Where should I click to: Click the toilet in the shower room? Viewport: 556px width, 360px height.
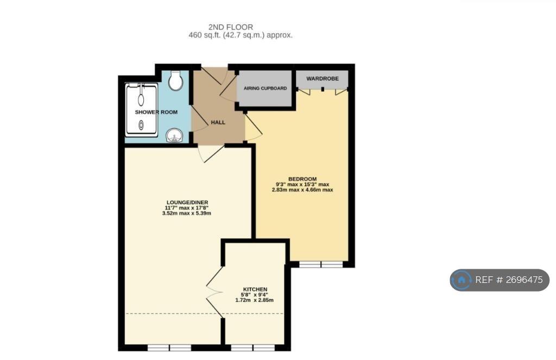(175, 80)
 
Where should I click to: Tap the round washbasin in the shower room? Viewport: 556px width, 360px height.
(174, 136)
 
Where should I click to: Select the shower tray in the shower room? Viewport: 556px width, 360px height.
(141, 110)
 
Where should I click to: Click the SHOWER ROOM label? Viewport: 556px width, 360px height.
(156, 112)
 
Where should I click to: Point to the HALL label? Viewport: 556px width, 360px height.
(218, 122)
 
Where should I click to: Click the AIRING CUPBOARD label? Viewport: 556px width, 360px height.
(265, 89)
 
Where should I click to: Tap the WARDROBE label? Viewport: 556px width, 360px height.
(323, 78)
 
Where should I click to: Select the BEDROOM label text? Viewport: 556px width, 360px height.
(302, 179)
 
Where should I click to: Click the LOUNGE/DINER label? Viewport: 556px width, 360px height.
(187, 203)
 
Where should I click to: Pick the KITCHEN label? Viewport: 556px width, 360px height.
(255, 289)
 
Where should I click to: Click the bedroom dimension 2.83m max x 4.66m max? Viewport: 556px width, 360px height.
(302, 190)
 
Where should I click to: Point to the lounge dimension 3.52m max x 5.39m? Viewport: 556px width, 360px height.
(187, 213)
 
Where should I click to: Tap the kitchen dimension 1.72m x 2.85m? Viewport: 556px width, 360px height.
(255, 300)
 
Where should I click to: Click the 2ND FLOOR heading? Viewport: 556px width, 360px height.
(231, 27)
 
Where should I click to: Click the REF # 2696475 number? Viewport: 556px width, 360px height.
(509, 280)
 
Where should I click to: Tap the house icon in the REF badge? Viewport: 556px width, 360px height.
(462, 280)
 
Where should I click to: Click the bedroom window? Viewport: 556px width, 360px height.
(321, 264)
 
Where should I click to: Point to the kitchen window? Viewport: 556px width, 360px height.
(253, 348)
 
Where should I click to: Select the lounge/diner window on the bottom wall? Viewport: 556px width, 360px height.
(169, 348)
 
